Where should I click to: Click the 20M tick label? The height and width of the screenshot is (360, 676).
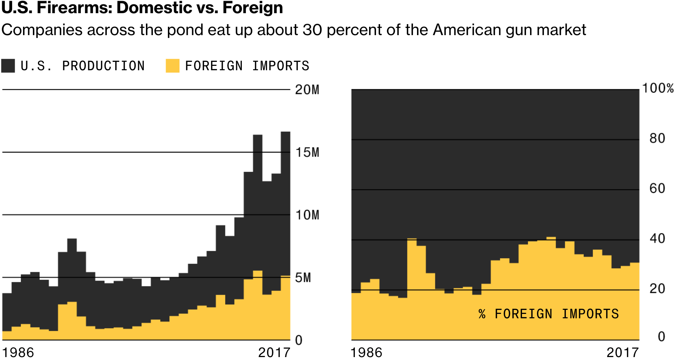tap(307, 90)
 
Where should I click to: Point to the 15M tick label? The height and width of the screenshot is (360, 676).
tap(307, 152)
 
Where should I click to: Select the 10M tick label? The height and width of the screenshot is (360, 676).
tap(307, 215)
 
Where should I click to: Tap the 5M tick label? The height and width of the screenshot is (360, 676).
tap(303, 278)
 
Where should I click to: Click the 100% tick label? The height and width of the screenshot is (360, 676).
tap(658, 88)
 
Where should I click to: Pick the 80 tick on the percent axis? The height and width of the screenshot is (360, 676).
tap(657, 138)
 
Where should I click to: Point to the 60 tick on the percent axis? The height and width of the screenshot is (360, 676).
tap(657, 188)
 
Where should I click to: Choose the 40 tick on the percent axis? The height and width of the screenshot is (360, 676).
tap(657, 239)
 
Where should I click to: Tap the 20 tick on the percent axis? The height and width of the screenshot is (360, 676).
tap(657, 289)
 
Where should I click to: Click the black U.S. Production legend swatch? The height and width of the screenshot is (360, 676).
tap(8, 66)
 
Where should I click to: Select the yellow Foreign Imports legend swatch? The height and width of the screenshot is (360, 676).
tap(172, 66)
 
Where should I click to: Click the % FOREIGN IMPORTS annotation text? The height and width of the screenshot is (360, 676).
tap(548, 314)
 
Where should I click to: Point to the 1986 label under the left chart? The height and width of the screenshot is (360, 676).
tap(18, 353)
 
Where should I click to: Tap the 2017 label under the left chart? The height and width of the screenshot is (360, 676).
tap(274, 353)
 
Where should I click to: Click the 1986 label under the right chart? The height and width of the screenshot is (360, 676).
tap(366, 353)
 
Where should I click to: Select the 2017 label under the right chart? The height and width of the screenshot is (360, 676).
tap(623, 353)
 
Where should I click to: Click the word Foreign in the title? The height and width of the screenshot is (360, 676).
tap(253, 8)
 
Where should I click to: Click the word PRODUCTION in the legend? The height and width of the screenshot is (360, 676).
tap(104, 66)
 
